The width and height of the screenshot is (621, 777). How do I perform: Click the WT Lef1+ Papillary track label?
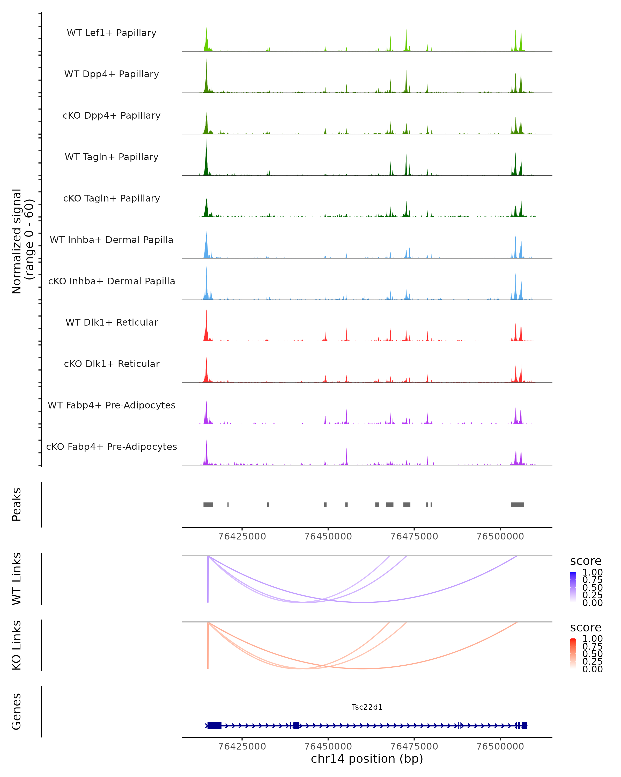point(112,33)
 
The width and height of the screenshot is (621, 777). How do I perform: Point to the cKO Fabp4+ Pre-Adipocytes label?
point(112,447)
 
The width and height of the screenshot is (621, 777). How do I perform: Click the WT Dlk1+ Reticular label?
point(112,322)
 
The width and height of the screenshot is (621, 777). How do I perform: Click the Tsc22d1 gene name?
point(367,707)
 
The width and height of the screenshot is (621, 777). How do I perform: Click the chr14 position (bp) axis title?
point(367,759)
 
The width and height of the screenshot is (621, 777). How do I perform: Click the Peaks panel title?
point(17,505)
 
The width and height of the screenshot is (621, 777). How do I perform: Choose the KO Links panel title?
point(17,645)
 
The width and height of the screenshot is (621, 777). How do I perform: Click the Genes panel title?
point(17,711)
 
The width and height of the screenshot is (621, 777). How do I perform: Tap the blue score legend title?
point(586,561)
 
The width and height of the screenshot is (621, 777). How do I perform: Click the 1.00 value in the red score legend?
point(593,639)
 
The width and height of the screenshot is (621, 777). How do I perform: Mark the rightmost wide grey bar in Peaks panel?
point(517,505)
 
